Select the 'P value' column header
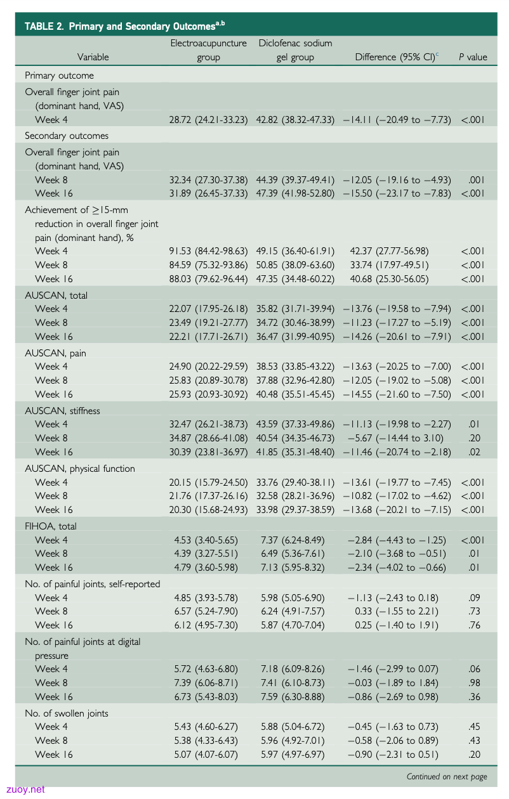pyautogui.click(x=473, y=57)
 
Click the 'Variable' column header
pyautogui.click(x=93, y=57)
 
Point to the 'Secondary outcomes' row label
pyautogui.click(x=67, y=136)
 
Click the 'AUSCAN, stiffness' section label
pyautogui.click(x=62, y=411)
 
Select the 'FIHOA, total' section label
pyautogui.click(x=51, y=526)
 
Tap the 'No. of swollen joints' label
pyautogui.click(x=67, y=713)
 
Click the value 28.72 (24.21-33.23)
pyautogui.click(x=208, y=120)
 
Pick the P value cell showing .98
pyautogui.click(x=474, y=683)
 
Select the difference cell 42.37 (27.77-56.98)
pyautogui.click(x=389, y=251)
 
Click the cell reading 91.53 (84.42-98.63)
pyautogui.click(x=208, y=251)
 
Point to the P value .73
pyautogui.click(x=474, y=611)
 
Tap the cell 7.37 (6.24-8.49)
pyautogui.click(x=293, y=540)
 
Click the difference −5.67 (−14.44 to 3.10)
pyautogui.click(x=395, y=438)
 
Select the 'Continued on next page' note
pyautogui.click(x=447, y=777)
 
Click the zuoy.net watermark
pyautogui.click(x=25, y=789)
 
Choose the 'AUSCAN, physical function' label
pyautogui.click(x=80, y=469)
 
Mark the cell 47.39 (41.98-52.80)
pyautogui.click(x=295, y=193)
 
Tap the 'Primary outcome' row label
pyautogui.click(x=59, y=75)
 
